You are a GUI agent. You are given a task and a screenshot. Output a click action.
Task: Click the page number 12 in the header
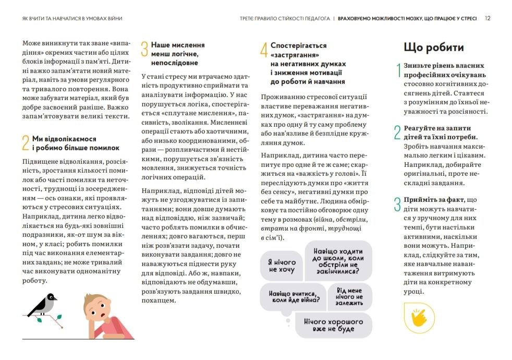click(x=487, y=18)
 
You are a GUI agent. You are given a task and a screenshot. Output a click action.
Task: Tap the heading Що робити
click(x=434, y=47)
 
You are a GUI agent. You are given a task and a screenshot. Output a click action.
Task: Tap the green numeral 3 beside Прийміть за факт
click(x=398, y=205)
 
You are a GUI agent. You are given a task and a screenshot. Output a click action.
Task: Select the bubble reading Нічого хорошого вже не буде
click(x=333, y=325)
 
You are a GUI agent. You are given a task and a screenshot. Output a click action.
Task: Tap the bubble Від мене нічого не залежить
click(x=349, y=296)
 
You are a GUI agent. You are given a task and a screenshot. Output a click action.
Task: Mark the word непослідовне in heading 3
click(x=174, y=63)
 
